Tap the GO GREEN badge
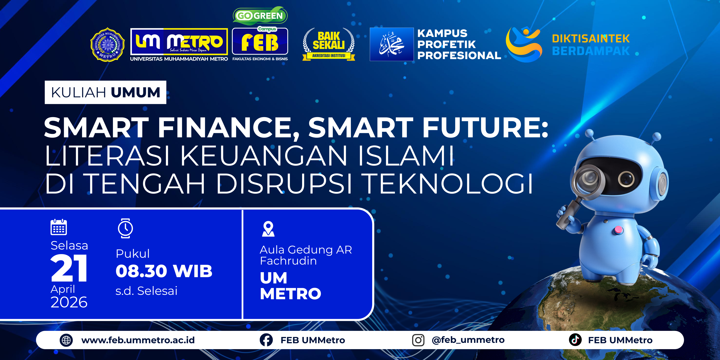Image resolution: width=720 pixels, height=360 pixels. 260,15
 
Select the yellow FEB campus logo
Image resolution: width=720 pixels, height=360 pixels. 260,41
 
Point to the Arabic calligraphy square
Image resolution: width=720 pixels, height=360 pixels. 392,44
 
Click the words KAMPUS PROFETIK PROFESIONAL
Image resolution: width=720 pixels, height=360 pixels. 459,44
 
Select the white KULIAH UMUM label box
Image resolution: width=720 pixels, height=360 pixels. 105,92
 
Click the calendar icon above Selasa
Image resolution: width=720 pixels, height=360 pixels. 59,227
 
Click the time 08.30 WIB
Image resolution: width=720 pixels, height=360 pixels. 164,271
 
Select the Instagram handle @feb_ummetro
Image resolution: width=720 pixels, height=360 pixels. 468,340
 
